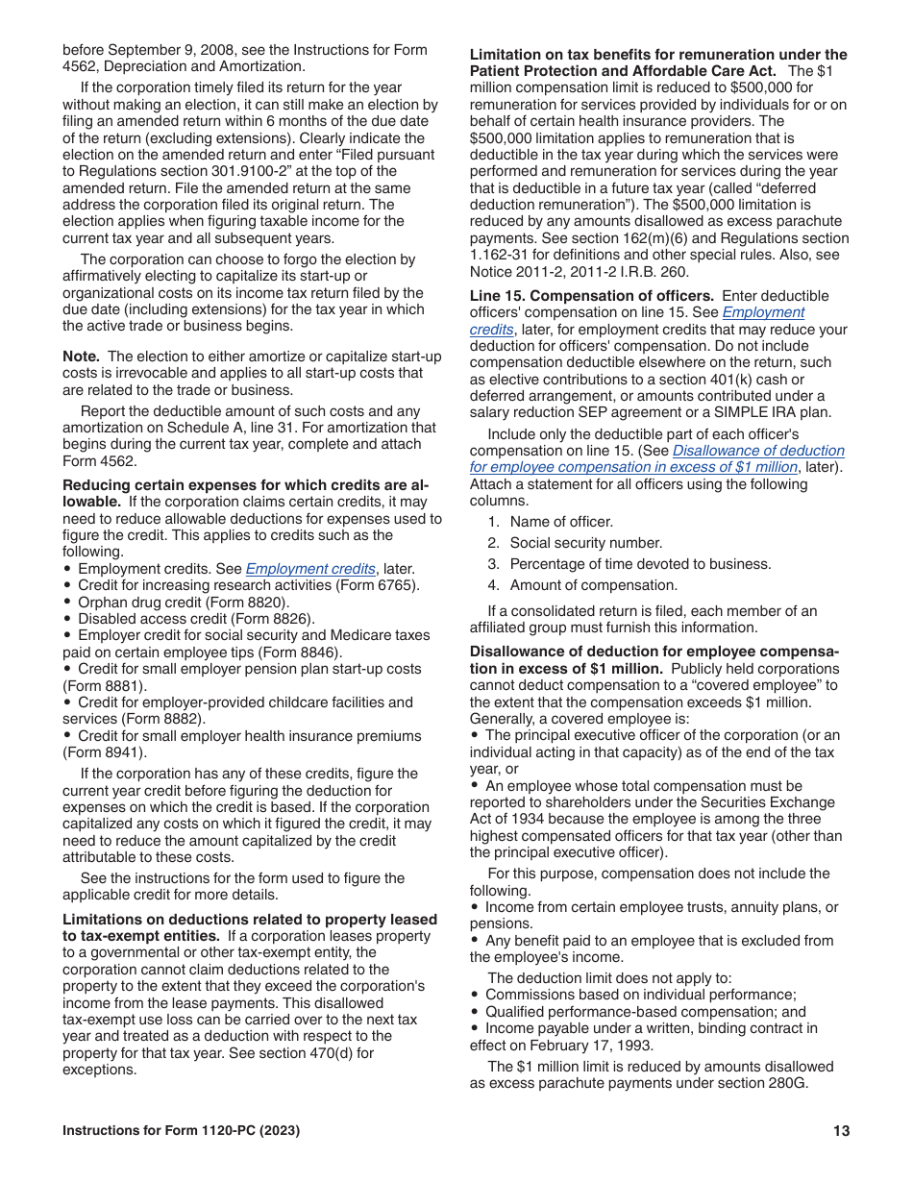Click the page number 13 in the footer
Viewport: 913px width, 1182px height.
pos(842,1131)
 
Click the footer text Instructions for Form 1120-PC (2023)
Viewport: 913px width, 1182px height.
pos(181,1131)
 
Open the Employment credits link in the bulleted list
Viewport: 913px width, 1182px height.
pos(310,569)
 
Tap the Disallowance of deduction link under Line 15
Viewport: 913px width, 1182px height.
pos(758,451)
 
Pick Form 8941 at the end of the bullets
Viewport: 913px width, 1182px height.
pos(106,752)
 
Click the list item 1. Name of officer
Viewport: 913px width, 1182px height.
pos(550,522)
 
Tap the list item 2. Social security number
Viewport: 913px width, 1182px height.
pos(574,543)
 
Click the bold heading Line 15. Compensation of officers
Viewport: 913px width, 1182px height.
pos(591,296)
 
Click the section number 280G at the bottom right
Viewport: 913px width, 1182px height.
pos(788,1083)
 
